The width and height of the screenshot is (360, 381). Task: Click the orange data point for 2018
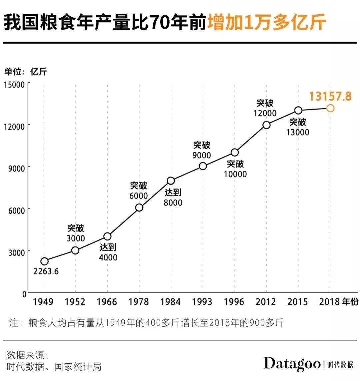point(330,108)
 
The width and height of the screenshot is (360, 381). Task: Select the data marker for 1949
point(44,261)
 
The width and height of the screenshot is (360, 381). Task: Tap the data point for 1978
point(139,207)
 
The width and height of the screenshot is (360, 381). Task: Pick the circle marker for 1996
point(235,153)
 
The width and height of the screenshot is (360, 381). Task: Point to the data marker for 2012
point(266,125)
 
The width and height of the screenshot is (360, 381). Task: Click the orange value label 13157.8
point(330,96)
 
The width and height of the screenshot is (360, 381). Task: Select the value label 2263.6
point(46,271)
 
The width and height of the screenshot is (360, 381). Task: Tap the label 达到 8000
point(173,197)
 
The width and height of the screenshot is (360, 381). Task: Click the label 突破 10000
point(235,169)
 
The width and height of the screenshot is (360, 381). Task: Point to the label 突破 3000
point(76,233)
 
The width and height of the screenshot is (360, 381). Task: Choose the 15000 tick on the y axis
point(14,85)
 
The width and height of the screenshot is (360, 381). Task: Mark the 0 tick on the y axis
point(24,294)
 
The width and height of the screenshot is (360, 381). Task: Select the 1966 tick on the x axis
point(107,302)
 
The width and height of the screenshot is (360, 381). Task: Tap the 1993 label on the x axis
point(202,302)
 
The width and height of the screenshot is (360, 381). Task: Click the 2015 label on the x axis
point(297,302)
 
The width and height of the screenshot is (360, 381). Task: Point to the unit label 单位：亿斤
point(26,71)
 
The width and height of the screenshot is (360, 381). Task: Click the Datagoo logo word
point(292,364)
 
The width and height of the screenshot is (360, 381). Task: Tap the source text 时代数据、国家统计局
point(54,366)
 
